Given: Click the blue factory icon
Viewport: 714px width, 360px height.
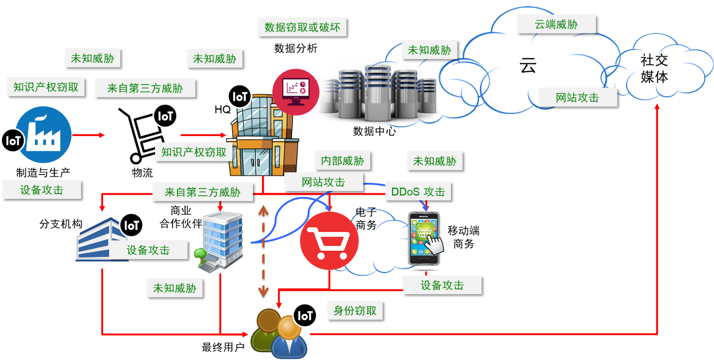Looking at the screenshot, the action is click(x=43, y=135).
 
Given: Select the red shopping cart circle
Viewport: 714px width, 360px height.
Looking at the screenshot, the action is click(x=329, y=241).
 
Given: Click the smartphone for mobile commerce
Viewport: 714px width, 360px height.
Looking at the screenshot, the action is click(x=424, y=239).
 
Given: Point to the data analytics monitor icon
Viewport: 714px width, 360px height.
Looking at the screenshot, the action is click(x=296, y=92).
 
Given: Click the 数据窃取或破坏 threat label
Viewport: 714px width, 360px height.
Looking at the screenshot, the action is click(x=302, y=27).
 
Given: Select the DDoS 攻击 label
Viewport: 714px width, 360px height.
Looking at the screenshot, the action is click(x=418, y=191).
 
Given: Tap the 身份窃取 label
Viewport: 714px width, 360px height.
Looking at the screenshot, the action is click(x=355, y=310).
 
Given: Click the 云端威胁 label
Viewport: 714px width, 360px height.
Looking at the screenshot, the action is click(x=556, y=24).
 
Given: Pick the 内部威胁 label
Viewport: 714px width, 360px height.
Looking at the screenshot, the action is click(x=342, y=160).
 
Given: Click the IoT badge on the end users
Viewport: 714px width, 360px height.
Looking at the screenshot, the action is click(x=305, y=315).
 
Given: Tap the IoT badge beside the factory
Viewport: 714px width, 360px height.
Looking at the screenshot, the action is click(x=13, y=140).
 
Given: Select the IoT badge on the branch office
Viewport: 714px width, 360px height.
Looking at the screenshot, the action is click(x=131, y=225).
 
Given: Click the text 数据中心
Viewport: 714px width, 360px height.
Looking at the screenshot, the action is click(x=375, y=131).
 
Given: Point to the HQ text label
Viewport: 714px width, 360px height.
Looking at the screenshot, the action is click(x=223, y=109).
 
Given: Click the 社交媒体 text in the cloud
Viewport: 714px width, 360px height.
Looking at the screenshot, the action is click(x=654, y=68).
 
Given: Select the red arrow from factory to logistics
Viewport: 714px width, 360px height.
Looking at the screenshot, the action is click(x=88, y=135).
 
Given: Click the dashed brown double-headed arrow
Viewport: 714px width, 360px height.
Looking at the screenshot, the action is click(x=263, y=251).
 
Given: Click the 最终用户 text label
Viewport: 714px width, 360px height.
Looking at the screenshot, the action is click(x=223, y=347).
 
